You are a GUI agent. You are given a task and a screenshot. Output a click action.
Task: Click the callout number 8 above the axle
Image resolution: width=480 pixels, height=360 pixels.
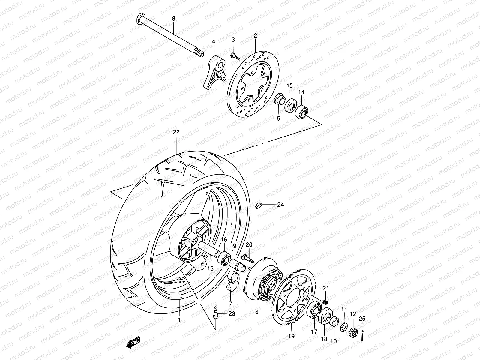[173, 19]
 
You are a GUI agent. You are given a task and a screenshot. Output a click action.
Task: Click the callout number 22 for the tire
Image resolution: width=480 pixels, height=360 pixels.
[176, 132]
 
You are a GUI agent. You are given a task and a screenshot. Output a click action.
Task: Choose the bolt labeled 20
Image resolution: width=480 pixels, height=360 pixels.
[247, 257]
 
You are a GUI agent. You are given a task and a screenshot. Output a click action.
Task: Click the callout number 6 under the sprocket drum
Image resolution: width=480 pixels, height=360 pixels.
[256, 312]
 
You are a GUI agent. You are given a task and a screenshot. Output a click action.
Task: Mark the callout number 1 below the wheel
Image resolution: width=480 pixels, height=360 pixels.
[179, 320]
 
